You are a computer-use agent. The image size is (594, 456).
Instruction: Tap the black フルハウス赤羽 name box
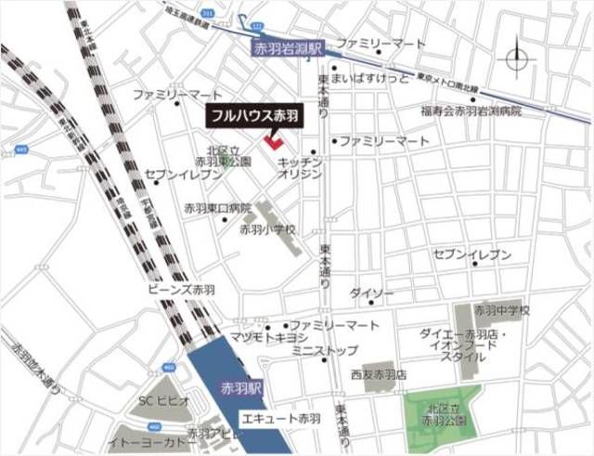252,118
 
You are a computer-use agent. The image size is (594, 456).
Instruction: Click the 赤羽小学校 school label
267,229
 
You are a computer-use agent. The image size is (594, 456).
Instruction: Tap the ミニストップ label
324,351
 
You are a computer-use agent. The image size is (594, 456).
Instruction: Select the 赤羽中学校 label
501,310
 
